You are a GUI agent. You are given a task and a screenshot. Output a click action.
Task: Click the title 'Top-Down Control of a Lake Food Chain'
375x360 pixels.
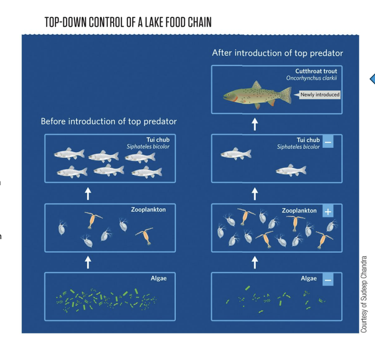128,23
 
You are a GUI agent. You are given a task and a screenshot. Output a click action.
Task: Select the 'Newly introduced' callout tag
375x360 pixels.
320,94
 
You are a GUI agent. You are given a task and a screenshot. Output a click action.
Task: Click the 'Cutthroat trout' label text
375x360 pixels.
316,71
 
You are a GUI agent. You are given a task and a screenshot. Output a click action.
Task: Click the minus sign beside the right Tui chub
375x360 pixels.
328,142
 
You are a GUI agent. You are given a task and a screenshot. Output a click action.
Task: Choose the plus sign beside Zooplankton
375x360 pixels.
328,212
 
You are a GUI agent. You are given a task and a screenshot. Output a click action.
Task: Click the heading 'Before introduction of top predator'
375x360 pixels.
109,121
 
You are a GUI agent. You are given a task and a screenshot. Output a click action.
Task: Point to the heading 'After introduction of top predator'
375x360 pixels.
278,53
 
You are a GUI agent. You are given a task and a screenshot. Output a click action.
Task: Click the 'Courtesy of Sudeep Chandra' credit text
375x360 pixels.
365,294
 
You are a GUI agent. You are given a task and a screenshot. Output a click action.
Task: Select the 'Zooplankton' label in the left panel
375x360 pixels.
148,210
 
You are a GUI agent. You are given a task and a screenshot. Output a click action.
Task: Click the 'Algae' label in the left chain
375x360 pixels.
158,278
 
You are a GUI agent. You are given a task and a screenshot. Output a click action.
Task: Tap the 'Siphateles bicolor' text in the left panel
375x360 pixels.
148,147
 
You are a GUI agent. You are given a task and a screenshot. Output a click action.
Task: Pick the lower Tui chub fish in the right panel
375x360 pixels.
291,170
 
